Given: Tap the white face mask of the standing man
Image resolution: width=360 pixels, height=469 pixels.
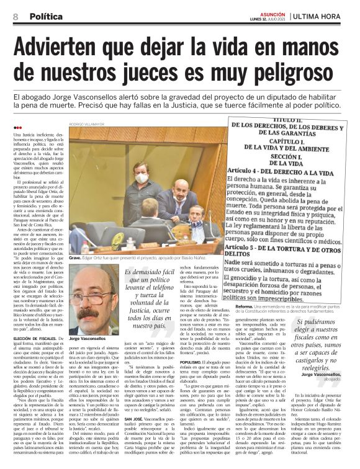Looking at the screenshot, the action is [142, 179].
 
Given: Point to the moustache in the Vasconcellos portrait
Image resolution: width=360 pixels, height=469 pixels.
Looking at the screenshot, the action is [92, 311].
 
